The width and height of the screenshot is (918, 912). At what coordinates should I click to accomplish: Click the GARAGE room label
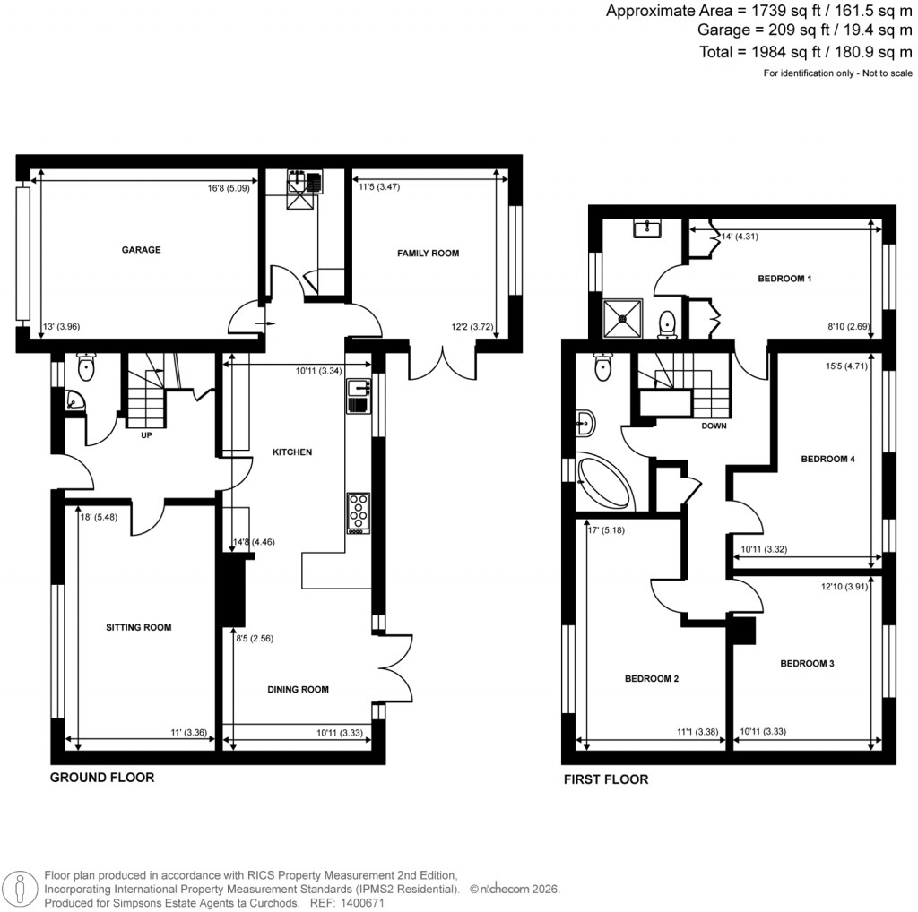tap(141, 250)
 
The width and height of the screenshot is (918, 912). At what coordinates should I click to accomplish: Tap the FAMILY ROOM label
tap(429, 254)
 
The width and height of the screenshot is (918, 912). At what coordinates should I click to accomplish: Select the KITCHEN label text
tap(292, 452)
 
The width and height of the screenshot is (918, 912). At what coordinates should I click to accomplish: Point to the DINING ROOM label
tap(299, 690)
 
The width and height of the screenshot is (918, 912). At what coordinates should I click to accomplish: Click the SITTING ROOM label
tap(139, 628)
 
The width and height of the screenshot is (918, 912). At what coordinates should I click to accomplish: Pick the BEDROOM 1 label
tap(784, 279)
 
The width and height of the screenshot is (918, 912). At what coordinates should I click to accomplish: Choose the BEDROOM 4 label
tap(827, 460)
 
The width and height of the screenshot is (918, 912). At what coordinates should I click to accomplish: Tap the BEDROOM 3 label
tap(807, 664)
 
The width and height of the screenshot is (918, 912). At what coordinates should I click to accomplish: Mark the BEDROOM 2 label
tap(652, 679)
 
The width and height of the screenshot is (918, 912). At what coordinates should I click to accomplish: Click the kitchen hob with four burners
tap(359, 513)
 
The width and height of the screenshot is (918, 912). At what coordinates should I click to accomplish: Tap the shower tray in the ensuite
tap(626, 316)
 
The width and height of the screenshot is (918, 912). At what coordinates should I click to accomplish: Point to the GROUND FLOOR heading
tap(101, 778)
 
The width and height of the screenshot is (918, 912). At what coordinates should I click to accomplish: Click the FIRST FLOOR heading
tap(605, 779)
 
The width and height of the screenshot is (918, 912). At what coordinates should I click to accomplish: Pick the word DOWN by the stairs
tap(714, 426)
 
